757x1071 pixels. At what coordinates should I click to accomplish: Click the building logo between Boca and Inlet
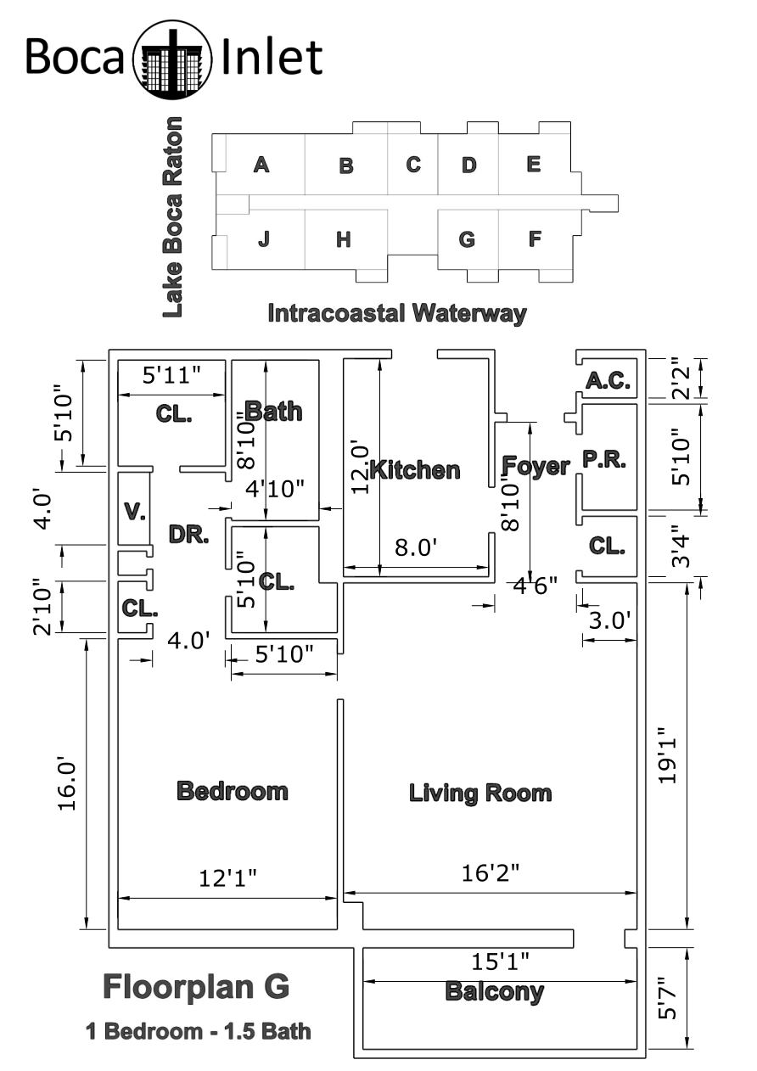click(172, 59)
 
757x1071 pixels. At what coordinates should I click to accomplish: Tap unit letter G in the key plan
click(467, 239)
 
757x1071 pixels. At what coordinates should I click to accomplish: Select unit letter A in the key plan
click(261, 165)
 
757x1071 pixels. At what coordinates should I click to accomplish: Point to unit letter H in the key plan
click(344, 239)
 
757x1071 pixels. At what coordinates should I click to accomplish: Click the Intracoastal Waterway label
click(397, 314)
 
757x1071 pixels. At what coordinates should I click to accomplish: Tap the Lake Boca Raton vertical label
click(172, 217)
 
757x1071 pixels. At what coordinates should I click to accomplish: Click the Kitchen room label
click(415, 470)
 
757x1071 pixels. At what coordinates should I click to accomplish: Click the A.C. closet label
click(608, 380)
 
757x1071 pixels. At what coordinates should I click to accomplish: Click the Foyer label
click(536, 465)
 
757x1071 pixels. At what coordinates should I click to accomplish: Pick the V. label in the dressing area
click(135, 512)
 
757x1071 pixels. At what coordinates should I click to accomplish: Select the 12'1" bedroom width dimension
click(227, 878)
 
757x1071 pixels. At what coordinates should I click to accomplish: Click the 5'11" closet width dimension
click(172, 375)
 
